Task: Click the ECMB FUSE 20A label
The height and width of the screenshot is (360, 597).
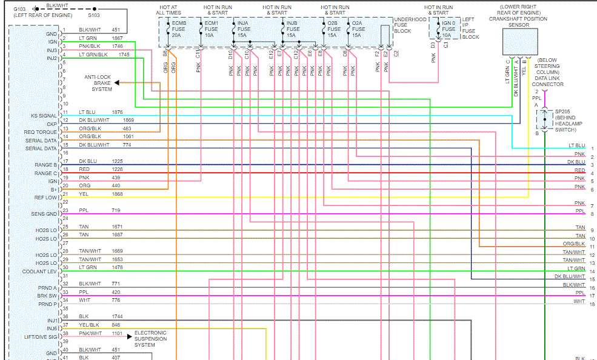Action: pyautogui.click(x=179, y=28)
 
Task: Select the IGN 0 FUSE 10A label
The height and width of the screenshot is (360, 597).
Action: pyautogui.click(x=449, y=28)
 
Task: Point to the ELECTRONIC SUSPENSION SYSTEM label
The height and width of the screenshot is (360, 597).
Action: pyautogui.click(x=150, y=339)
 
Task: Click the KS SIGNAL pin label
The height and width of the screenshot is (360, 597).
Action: pyautogui.click(x=44, y=116)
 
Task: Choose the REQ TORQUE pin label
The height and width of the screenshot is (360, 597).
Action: pyautogui.click(x=41, y=132)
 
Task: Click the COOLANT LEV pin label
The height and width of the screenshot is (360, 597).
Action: pyautogui.click(x=40, y=272)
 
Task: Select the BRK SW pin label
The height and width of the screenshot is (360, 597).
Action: pyautogui.click(x=47, y=296)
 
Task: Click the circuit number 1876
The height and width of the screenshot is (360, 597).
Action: pyautogui.click(x=118, y=112)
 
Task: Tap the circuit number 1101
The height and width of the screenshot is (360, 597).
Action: pyautogui.click(x=117, y=333)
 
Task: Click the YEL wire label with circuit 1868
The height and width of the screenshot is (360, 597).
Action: pyautogui.click(x=84, y=194)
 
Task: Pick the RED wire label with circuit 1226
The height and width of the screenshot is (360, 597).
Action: pyautogui.click(x=84, y=170)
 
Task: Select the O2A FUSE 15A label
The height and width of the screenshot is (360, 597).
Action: pyautogui.click(x=358, y=28)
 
